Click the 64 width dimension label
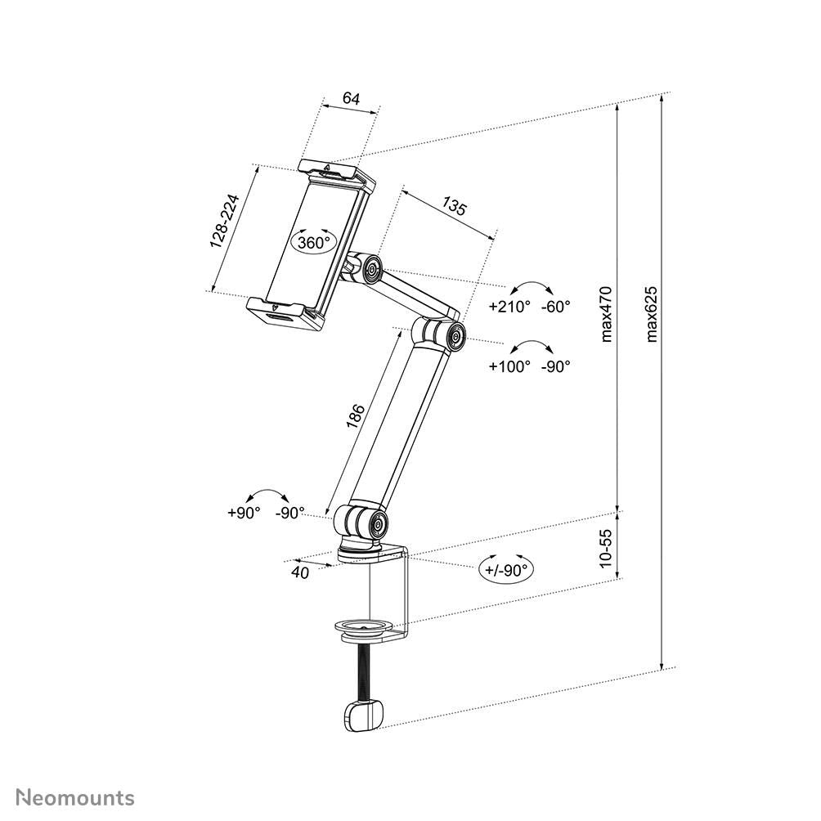[351, 98]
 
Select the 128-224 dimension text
[223, 222]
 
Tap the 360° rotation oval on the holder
[314, 242]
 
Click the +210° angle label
[509, 307]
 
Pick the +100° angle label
[509, 366]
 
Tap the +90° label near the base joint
[244, 512]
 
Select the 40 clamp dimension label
[300, 572]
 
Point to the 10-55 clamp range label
[605, 547]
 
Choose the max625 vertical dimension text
[651, 315]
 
